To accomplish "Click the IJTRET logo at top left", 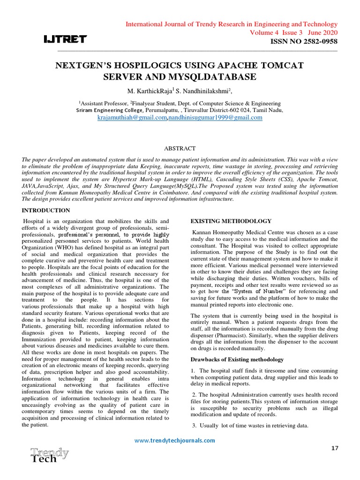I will pyautogui.click(x=65, y=39).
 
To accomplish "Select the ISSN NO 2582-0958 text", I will pyautogui.click(x=304, y=42).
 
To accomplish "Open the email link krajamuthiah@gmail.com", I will pyautogui.click(x=132, y=118).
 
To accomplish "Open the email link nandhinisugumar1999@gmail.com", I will pyautogui.click(x=215, y=118).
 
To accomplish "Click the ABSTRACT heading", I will pyautogui.click(x=180, y=148).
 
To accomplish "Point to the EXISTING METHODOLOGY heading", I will pyautogui.click(x=231, y=221).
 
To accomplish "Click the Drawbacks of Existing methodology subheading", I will pyautogui.click(x=237, y=360).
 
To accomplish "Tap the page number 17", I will pyautogui.click(x=334, y=449).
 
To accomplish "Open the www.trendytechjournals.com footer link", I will pyautogui.click(x=175, y=440).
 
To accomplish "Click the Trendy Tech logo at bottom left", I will pyautogui.click(x=49, y=455).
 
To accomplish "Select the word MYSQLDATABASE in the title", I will pyautogui.click(x=217, y=76).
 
